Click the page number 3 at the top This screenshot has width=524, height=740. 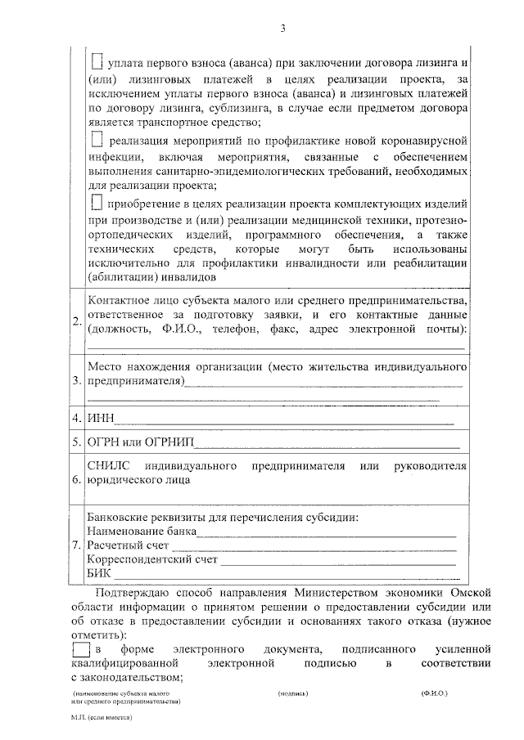[282, 29]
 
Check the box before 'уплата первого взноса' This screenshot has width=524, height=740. [97, 61]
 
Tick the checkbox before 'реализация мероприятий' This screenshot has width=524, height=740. [97, 139]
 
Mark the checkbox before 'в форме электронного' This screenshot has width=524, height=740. [79, 650]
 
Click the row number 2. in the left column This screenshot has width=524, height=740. [77, 319]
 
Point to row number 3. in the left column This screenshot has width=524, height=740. [77, 381]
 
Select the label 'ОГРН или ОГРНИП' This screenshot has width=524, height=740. [140, 443]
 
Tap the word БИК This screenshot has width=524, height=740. [98, 575]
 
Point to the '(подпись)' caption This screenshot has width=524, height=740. [293, 693]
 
